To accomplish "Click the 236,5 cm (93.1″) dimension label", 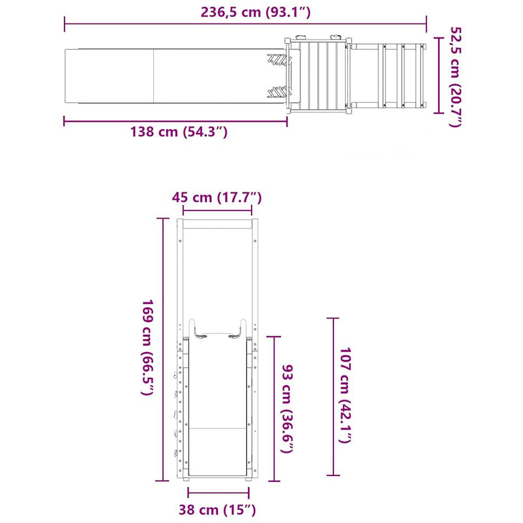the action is point(256,13).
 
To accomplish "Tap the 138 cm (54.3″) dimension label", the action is point(179,132).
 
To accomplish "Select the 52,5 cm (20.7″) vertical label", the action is point(456,77).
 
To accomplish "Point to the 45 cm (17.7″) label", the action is point(217,198).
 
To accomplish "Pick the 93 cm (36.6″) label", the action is point(288,409).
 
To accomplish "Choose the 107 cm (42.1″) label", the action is point(346,395).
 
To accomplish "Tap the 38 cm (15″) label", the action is point(218,509).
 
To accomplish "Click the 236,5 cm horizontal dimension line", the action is point(245,24).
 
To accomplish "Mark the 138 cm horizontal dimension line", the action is point(175,121).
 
